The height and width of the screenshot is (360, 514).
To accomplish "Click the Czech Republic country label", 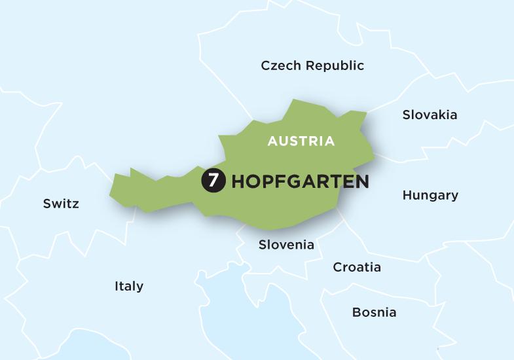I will coord(312,65).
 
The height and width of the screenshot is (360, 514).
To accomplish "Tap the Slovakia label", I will coord(430,115).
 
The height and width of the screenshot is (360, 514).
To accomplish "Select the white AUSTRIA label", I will coord(301,141).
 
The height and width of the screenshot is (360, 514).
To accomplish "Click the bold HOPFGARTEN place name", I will coord(300,181).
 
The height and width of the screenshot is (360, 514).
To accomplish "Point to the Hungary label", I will coord(430,195).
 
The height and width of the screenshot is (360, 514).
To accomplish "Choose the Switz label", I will coord(61,204).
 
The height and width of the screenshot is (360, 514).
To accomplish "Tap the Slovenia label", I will coord(286,245).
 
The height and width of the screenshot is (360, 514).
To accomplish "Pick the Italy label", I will coord(129,286).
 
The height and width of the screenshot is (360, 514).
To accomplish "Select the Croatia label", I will coord(357,267).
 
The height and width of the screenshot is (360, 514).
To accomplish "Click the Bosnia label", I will coord(374,312).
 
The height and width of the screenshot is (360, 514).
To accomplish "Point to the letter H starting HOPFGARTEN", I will coord(238,181).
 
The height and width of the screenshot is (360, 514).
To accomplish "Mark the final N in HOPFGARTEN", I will coord(361,181).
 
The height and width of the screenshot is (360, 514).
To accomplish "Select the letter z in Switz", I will coord(75,204).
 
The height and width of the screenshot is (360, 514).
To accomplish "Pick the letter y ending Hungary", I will coord(454,196).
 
